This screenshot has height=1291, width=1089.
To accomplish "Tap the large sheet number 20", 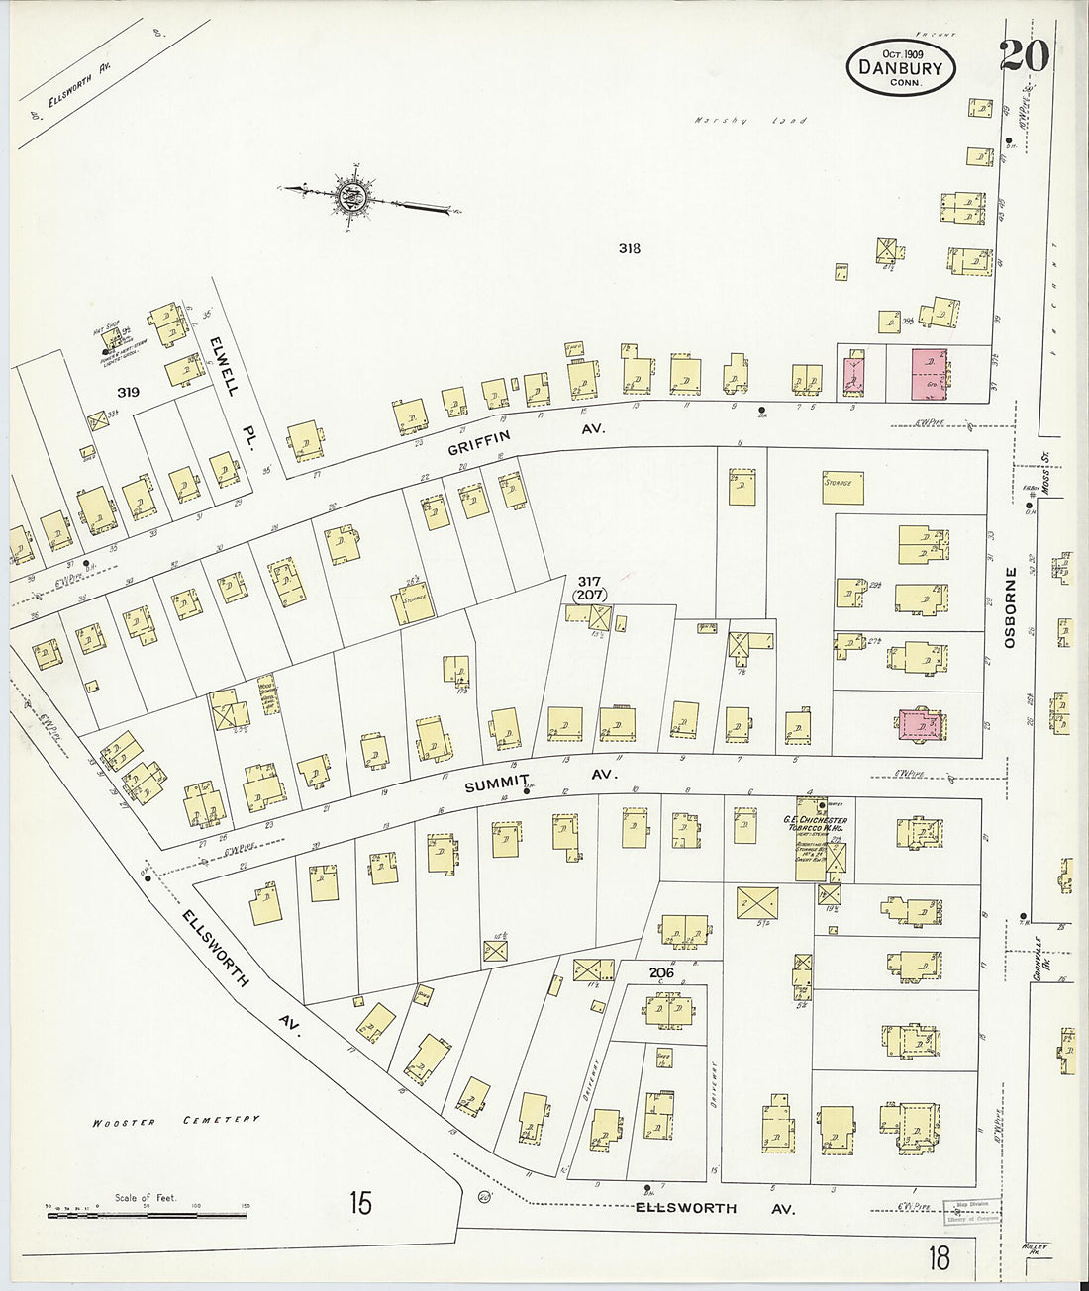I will pos(1024,55).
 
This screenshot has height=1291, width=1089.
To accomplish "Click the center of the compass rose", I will pos(350,197).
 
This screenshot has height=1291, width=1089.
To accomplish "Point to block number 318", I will pos(629,248).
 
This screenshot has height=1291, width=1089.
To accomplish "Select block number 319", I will pos(128,392).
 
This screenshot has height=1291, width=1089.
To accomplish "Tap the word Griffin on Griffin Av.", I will pos(479,442).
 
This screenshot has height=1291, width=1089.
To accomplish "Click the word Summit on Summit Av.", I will pos(498,784).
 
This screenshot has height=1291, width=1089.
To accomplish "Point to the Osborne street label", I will pos(1010,607).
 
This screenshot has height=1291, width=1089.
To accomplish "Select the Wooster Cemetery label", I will pos(176,1120).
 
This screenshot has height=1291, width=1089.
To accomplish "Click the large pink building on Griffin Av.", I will pos(929,373).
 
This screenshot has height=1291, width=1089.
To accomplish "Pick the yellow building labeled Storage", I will pos(842,487).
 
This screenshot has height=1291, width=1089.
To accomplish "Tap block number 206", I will pos(661,972).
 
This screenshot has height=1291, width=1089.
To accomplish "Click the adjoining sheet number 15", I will pos(360,1203).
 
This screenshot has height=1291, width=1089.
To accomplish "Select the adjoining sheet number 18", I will pos(939,1257).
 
